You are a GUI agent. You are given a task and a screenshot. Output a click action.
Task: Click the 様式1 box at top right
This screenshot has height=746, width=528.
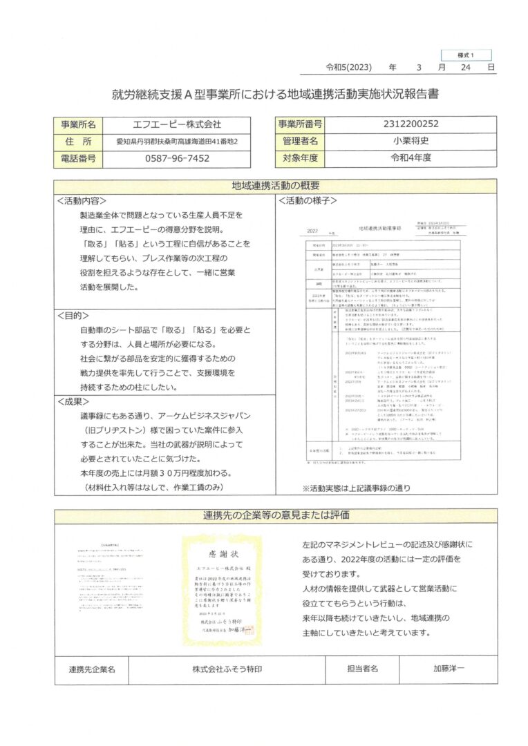466,55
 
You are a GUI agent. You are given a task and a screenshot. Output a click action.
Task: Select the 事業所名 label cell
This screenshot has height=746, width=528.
78,124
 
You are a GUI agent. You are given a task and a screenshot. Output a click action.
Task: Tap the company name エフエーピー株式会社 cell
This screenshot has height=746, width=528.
176,124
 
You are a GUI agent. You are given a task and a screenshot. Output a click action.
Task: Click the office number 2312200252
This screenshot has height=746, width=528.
411,124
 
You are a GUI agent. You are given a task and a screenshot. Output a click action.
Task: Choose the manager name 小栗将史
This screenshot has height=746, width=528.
411,142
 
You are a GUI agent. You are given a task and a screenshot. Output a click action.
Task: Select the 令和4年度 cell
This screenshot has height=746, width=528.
411,159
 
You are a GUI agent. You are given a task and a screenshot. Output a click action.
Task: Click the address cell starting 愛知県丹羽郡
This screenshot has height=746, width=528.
177,142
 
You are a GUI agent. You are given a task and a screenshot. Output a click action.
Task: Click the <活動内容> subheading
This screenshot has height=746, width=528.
82,201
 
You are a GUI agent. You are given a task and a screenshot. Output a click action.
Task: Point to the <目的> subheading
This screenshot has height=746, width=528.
73,314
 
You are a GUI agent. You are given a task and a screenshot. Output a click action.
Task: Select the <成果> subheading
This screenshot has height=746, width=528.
73,400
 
